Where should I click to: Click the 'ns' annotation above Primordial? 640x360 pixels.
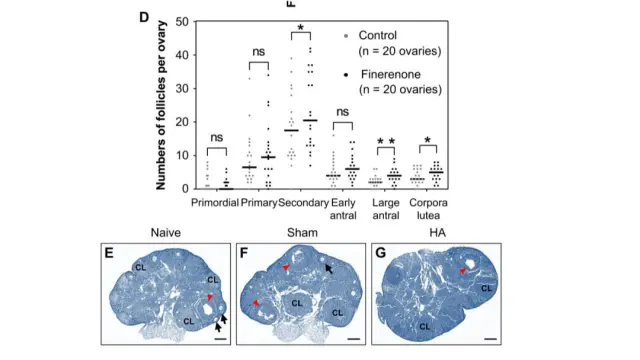216,137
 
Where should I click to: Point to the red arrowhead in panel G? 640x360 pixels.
463,271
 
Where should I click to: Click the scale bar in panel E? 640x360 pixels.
219,338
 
